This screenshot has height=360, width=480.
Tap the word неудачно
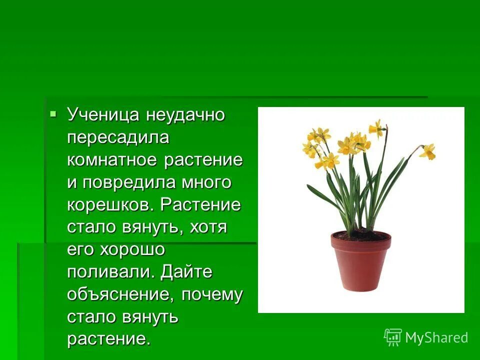(185, 115)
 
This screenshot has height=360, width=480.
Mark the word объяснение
(120, 295)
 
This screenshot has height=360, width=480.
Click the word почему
(212, 295)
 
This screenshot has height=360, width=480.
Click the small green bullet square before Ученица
(53, 114)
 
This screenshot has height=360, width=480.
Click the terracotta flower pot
(360, 262)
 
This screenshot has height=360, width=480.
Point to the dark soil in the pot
(360, 235)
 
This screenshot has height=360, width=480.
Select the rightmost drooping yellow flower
(428, 151)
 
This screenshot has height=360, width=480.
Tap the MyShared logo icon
(392, 337)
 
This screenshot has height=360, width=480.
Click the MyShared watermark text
(436, 338)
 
